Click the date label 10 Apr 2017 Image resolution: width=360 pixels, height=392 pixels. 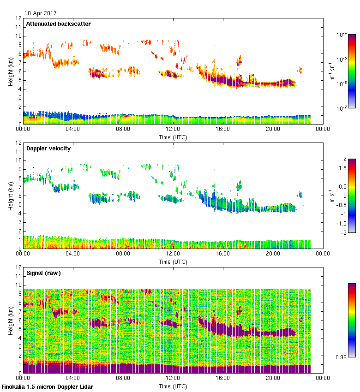[x=41, y=13]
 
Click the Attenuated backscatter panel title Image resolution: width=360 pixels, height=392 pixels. [x=58, y=24]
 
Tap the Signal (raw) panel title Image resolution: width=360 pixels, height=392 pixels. [x=43, y=273]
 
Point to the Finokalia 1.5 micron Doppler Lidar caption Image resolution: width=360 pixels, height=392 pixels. [x=48, y=387]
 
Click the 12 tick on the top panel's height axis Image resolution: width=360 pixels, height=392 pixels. [x=18, y=18]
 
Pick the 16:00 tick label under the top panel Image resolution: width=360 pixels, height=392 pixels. [x=223, y=130]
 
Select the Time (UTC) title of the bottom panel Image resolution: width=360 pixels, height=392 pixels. [x=173, y=386]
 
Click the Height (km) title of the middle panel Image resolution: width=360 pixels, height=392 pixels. [x=11, y=196]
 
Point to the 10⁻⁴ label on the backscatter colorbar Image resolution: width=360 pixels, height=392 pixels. [x=342, y=35]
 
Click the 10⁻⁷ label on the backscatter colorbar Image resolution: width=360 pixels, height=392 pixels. [x=342, y=108]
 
